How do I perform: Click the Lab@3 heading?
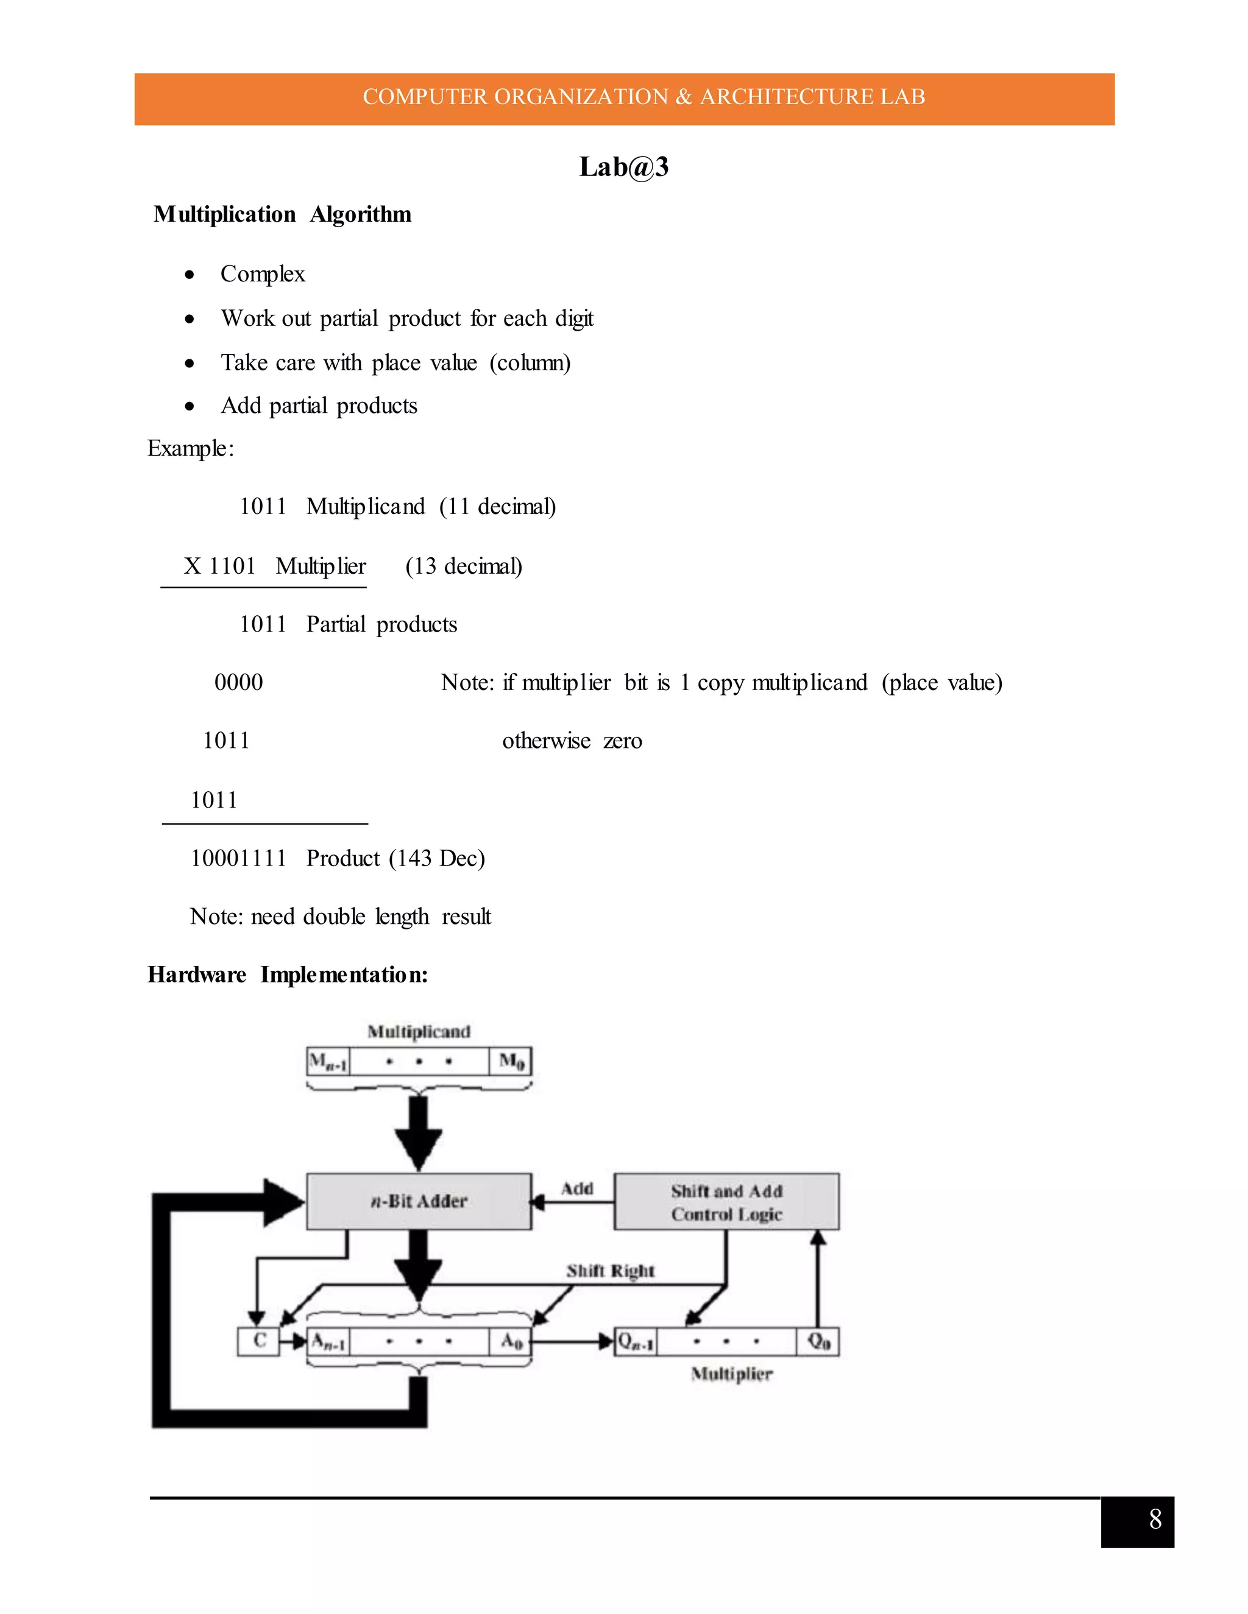(623, 167)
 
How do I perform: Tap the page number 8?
(1155, 1520)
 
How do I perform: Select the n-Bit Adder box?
(419, 1201)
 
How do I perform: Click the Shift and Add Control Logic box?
(726, 1202)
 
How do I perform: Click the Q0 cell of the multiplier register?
(818, 1341)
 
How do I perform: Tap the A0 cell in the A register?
(511, 1341)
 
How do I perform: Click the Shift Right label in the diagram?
(610, 1270)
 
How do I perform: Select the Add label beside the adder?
(576, 1188)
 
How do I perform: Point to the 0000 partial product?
(238, 682)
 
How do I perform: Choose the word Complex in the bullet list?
(263, 274)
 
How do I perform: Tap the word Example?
(191, 449)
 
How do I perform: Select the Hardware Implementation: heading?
(288, 974)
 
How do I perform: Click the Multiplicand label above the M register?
(419, 1032)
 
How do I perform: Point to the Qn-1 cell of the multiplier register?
(636, 1341)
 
